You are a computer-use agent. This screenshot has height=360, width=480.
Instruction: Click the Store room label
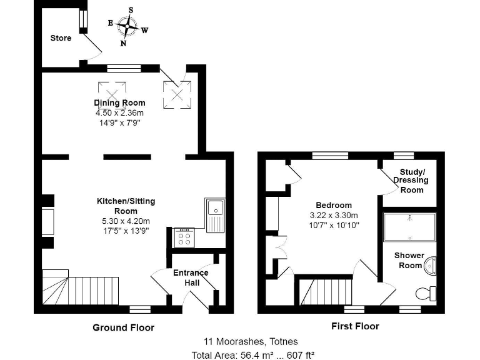(61, 38)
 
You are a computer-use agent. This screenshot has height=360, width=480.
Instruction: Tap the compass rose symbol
(127, 27)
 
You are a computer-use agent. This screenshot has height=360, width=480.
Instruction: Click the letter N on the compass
(123, 43)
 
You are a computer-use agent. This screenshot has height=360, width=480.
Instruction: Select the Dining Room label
(119, 102)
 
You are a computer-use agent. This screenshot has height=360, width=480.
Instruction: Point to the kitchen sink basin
(216, 208)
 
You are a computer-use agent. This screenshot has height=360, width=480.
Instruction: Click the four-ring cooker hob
(184, 237)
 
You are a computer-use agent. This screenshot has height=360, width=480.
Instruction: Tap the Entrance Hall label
(191, 277)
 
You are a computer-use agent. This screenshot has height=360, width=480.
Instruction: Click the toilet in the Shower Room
(426, 294)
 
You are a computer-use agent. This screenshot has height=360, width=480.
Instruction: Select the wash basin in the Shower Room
(430, 266)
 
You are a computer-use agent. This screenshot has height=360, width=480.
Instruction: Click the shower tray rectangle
(409, 227)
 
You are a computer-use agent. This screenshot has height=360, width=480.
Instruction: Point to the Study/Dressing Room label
(411, 181)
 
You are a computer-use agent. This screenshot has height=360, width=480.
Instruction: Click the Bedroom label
(334, 205)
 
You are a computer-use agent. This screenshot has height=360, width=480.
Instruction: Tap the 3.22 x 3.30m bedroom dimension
(334, 215)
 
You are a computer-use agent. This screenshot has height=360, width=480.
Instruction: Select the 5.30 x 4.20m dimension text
(126, 221)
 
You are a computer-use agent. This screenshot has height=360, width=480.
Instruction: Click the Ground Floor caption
(123, 327)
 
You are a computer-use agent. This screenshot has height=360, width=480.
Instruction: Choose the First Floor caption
(355, 326)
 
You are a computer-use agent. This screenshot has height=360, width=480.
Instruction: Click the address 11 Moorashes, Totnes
(251, 341)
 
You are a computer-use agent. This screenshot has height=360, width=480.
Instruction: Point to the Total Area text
(253, 356)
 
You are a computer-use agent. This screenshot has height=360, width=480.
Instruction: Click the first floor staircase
(326, 292)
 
